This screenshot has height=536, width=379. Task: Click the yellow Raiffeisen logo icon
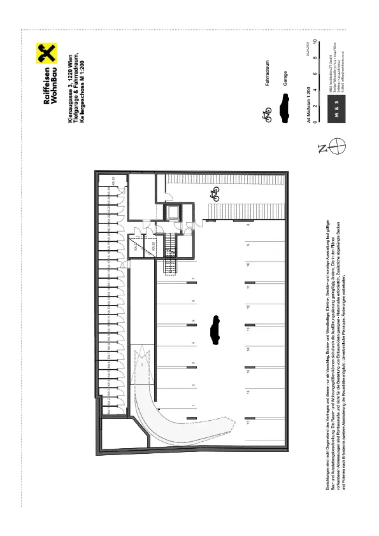[x=45, y=52]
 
